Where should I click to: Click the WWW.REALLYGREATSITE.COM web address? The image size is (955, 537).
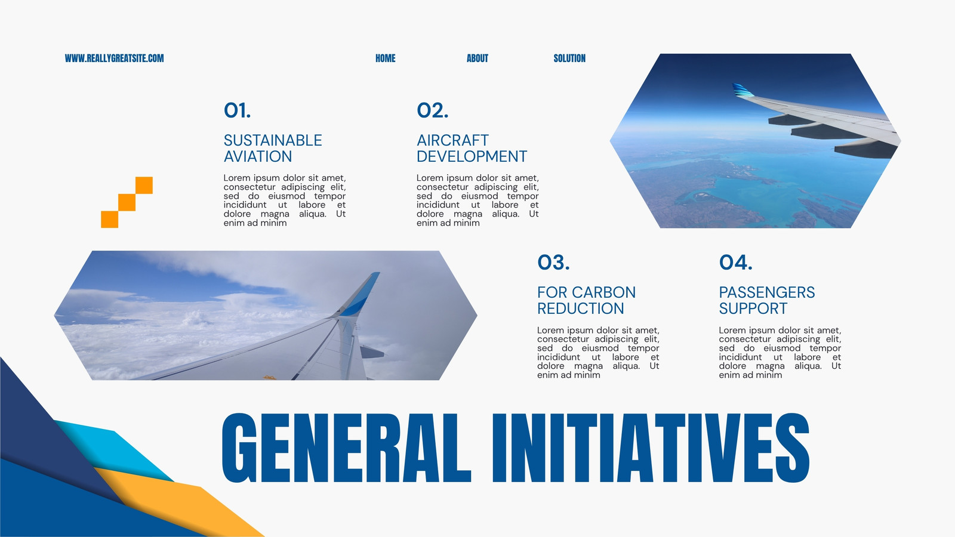114,58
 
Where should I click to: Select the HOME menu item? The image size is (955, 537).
386,58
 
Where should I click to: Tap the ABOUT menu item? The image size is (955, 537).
478,58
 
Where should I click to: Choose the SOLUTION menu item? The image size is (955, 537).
569,58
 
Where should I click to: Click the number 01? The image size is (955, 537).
237,110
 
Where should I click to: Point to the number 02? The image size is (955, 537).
432,110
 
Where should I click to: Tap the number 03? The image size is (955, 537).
553,263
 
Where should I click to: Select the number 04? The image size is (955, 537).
735,263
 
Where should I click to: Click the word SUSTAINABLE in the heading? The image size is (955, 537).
273,140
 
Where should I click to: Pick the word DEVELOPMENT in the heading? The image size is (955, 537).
472,156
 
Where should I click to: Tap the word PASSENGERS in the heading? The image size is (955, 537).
767,292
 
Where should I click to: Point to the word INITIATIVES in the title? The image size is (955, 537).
651,447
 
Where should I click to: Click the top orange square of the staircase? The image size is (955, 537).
144,186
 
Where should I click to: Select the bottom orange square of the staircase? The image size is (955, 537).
110,220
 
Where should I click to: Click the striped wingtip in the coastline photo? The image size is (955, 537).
743,90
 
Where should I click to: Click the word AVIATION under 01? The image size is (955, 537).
258,156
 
